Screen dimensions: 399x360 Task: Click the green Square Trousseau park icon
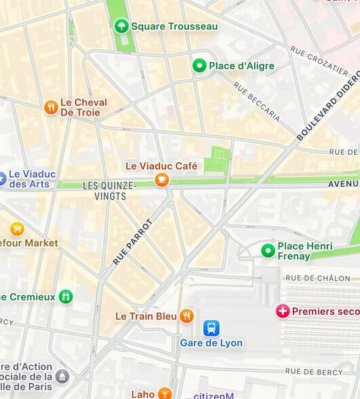click(121, 26)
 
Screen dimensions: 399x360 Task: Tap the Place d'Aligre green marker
click(199, 66)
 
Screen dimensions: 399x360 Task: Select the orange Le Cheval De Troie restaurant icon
click(51, 107)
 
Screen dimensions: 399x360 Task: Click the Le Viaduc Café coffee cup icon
click(161, 179)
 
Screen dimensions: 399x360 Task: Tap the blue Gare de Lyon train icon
click(212, 328)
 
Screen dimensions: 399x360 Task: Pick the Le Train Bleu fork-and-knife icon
click(186, 316)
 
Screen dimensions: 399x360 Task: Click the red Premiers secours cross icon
click(283, 311)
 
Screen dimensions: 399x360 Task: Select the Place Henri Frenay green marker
click(268, 250)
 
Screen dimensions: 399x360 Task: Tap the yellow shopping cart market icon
click(17, 229)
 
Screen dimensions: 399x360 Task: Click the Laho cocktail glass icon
click(165, 394)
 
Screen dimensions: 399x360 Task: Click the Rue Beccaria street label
click(257, 101)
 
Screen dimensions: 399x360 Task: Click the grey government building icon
click(62, 376)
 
